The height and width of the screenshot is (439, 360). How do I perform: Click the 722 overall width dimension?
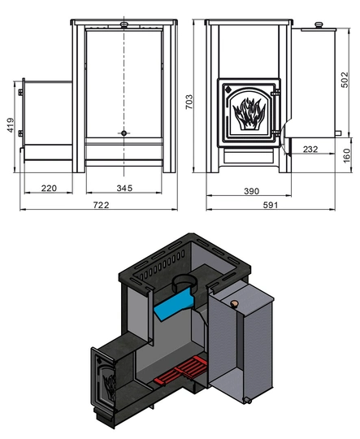click(101, 205)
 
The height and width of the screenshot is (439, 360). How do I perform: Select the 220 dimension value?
click(49, 188)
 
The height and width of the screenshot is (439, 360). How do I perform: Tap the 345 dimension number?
click(124, 188)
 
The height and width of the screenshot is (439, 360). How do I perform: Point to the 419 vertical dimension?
click(10, 125)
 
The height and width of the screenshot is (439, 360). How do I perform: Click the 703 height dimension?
click(189, 102)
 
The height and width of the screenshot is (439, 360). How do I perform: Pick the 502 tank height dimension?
click(345, 80)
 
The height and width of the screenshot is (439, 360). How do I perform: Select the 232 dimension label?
click(310, 150)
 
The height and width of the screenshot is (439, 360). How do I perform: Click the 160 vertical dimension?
click(346, 155)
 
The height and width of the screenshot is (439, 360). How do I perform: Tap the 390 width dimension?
click(251, 191)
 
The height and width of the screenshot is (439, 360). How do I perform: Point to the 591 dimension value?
click(271, 205)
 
